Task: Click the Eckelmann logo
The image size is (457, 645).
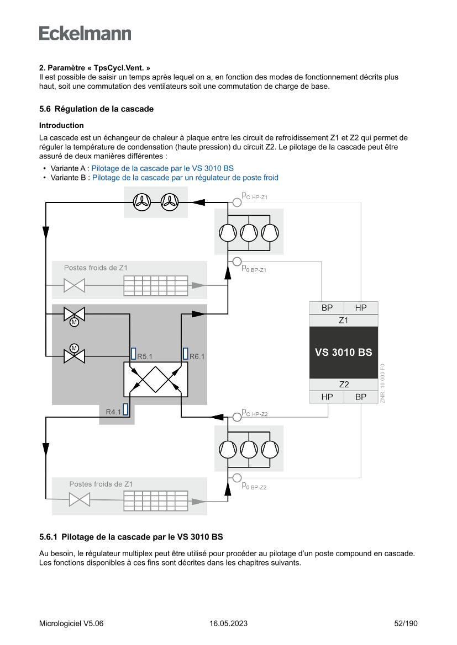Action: click(85, 34)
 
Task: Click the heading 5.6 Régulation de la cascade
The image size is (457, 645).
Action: click(96, 109)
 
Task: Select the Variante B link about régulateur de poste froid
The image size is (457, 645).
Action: click(185, 178)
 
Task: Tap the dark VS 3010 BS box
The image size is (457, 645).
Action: click(343, 352)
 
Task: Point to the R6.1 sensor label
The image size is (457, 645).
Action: click(197, 356)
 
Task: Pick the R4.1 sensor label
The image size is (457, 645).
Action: click(113, 412)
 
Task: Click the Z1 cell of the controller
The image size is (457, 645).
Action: click(343, 320)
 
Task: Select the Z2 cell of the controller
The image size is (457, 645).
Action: click(343, 385)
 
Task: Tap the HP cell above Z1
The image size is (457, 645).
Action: click(361, 307)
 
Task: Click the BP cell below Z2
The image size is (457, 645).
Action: click(361, 397)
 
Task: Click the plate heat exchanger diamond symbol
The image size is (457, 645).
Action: click(156, 379)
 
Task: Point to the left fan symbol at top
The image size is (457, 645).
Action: click(143, 202)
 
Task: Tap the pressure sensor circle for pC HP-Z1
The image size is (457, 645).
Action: click(237, 202)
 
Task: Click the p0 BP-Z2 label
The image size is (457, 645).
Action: click(255, 486)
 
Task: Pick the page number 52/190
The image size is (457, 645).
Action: click(406, 623)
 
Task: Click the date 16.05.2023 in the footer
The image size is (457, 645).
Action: click(228, 623)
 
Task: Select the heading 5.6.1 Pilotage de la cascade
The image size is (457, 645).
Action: click(131, 537)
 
